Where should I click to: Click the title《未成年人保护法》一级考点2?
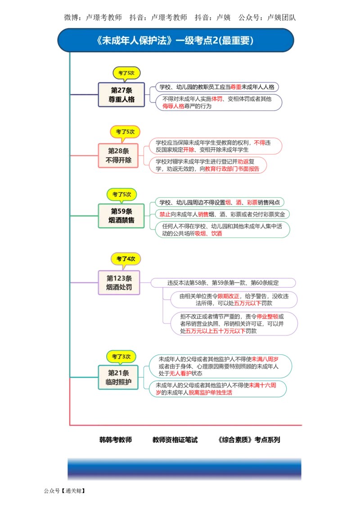(x=175, y=40)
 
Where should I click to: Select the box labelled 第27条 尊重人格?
(x=121, y=94)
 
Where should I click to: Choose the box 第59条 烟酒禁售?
(x=121, y=215)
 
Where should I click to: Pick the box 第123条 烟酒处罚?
(x=119, y=282)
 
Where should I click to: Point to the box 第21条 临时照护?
(x=118, y=377)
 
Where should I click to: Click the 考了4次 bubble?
(x=126, y=259)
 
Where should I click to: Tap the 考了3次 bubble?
(x=121, y=356)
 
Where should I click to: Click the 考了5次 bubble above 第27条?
(x=126, y=72)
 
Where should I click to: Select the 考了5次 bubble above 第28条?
(x=125, y=132)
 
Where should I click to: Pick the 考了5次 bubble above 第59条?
(x=121, y=194)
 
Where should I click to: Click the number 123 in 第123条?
(x=119, y=278)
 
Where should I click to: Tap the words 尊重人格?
(x=121, y=99)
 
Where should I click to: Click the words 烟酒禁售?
(x=121, y=220)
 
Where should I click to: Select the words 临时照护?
(x=118, y=382)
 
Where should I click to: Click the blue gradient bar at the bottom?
(x=183, y=469)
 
